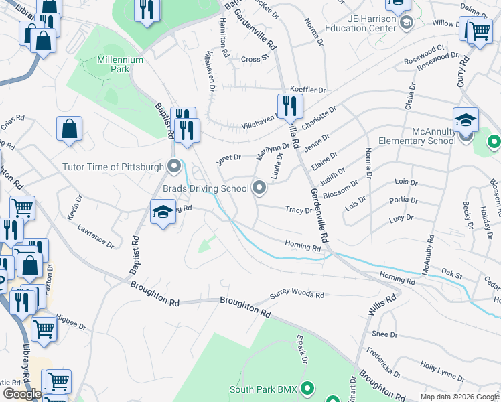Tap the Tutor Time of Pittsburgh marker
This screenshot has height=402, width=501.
coord(175,165)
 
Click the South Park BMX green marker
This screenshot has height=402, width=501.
coord(307,388)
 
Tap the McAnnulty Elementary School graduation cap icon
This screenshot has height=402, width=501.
coord(466,121)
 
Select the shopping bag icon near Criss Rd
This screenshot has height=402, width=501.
coord(70,129)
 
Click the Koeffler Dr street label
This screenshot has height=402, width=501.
coord(307,90)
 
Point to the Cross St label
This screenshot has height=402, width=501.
coord(255,59)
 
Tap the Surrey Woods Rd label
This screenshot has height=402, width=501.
coord(297,295)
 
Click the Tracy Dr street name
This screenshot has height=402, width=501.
coord(299,210)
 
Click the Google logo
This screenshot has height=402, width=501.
coord(22,394)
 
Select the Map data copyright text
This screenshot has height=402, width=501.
coord(459,397)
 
